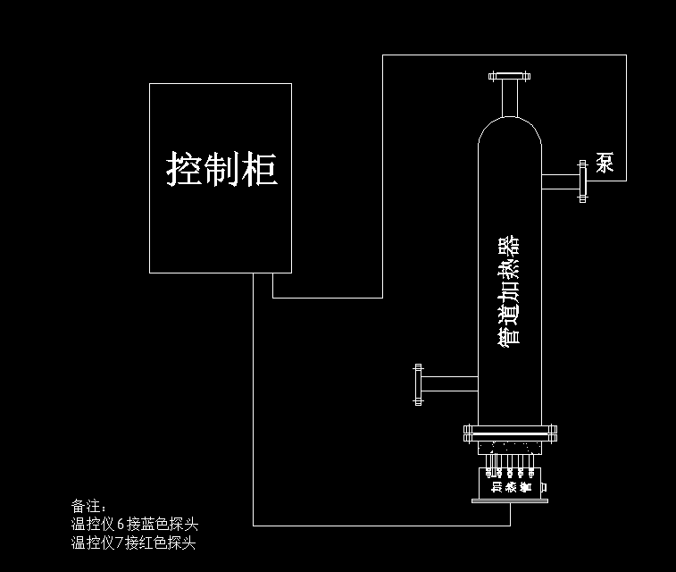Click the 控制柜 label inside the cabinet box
tap(221, 168)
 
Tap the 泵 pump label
tap(605, 163)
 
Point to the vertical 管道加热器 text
tap(510, 290)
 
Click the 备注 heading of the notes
tap(88, 507)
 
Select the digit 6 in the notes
tap(121, 525)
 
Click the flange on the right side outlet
tap(583, 181)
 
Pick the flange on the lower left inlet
tap(417, 384)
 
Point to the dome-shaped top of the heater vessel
tap(510, 130)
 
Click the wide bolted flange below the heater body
tap(511, 433)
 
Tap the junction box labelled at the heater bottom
tap(511, 486)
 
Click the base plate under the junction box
tap(510, 501)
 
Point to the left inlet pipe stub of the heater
tap(449, 384)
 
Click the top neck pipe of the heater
tap(510, 97)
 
